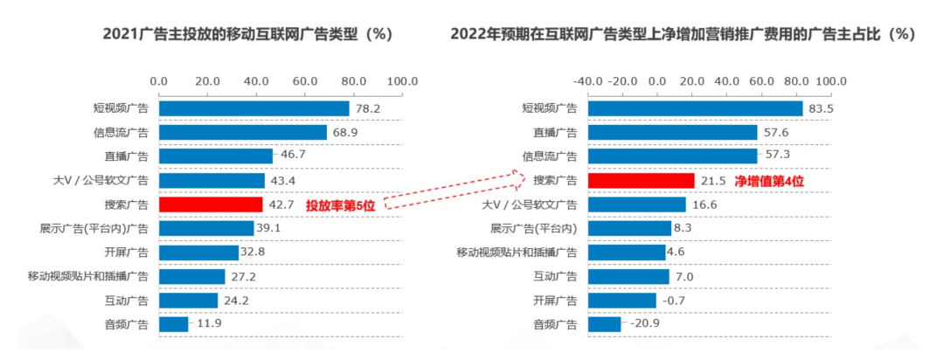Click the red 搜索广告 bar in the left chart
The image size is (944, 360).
(211, 204)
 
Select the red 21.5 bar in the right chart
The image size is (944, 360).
(641, 181)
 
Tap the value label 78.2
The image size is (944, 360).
(368, 108)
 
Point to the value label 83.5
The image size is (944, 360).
(822, 108)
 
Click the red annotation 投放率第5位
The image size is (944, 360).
(344, 205)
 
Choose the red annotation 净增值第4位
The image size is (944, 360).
(768, 181)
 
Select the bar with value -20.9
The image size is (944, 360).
(604, 325)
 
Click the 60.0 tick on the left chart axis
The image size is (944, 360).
(305, 81)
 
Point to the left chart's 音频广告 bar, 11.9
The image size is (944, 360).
(173, 325)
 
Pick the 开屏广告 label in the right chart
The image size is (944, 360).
(555, 301)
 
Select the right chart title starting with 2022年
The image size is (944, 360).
(682, 35)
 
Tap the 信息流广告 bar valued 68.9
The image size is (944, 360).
(242, 133)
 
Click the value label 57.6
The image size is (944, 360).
(776, 133)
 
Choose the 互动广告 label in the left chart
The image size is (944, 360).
(126, 301)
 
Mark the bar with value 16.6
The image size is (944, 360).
(636, 204)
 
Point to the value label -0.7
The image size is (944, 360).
(672, 301)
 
